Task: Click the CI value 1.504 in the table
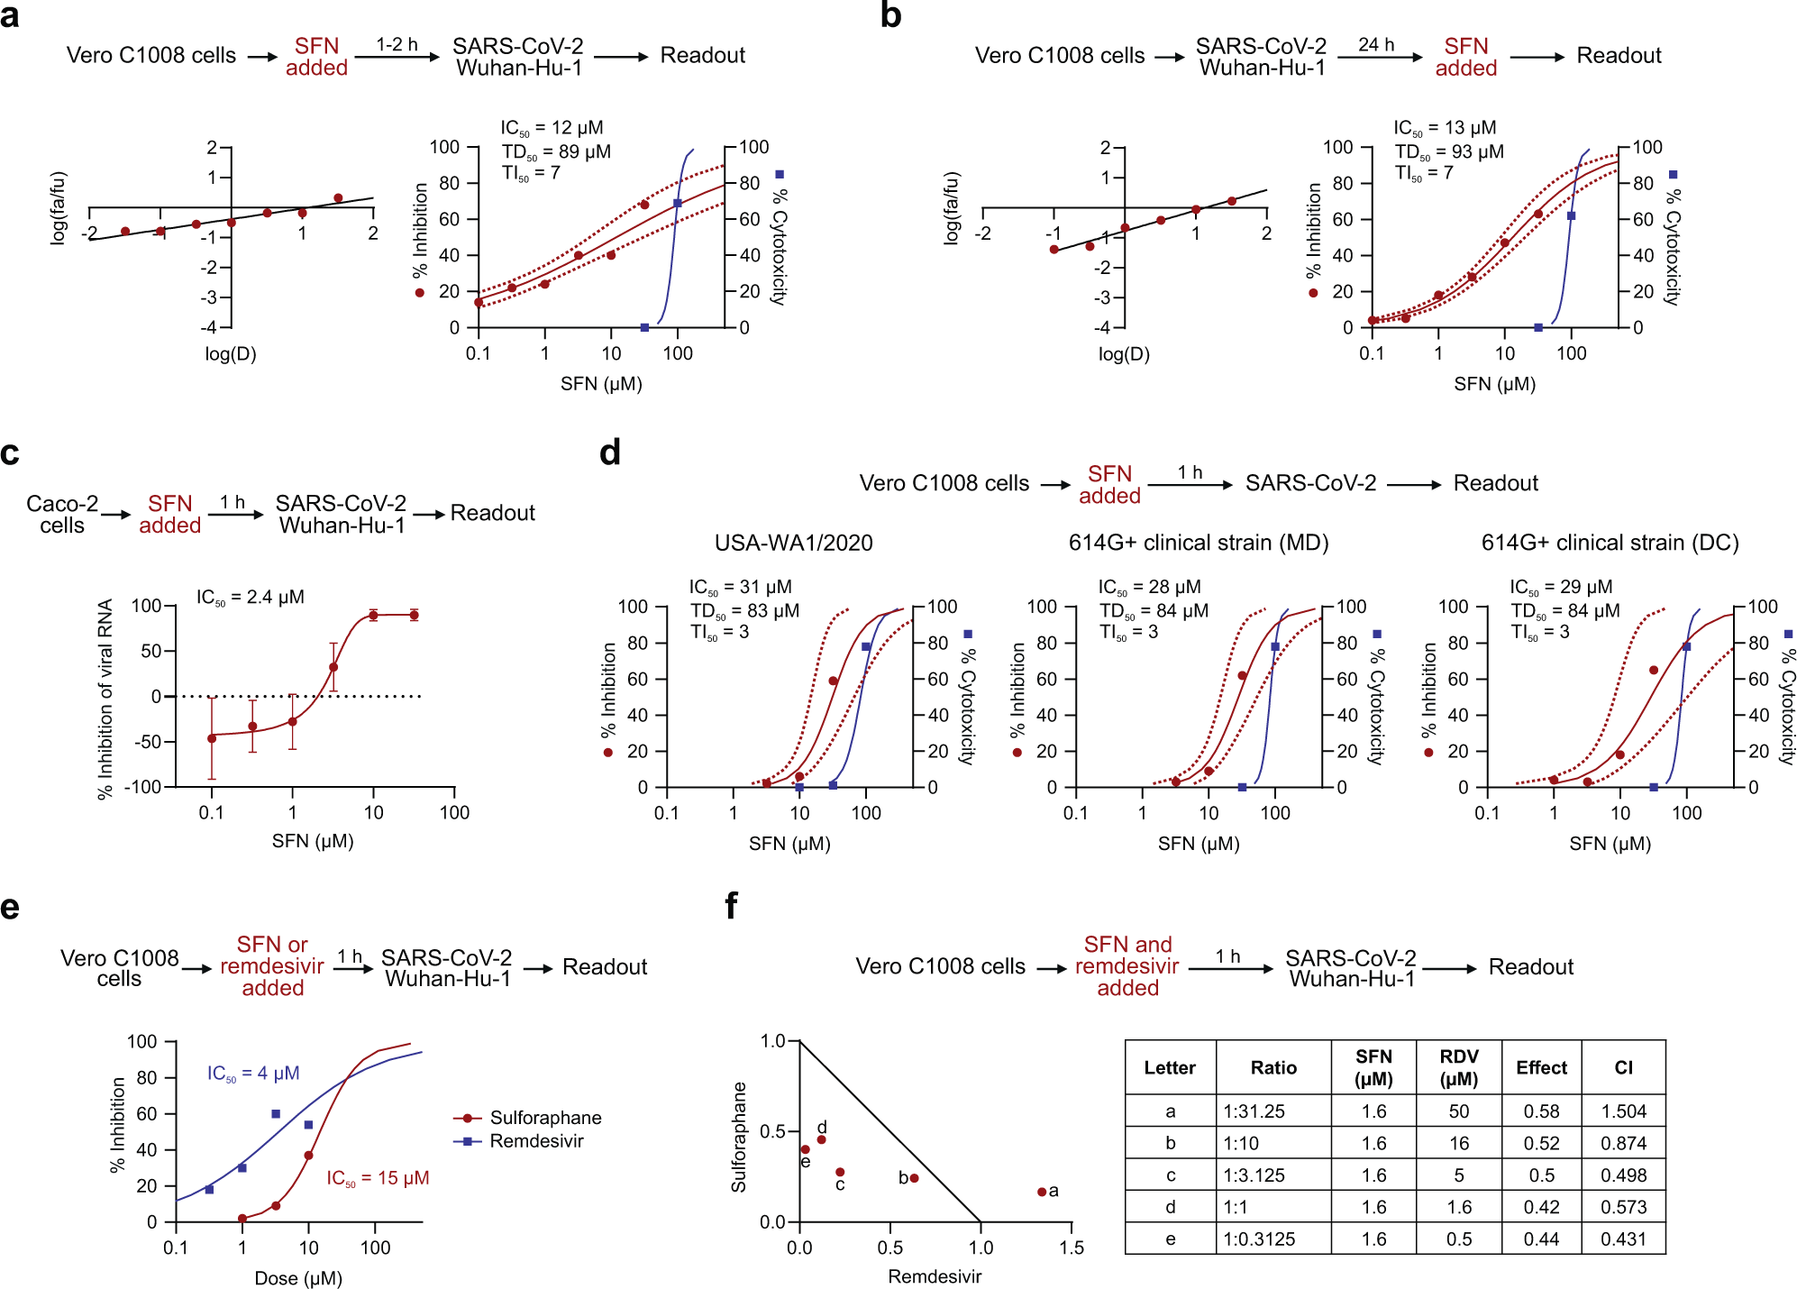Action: pyautogui.click(x=1623, y=1111)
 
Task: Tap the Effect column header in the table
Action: pyautogui.click(x=1541, y=1068)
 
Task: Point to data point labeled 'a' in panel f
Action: pyautogui.click(x=1042, y=1192)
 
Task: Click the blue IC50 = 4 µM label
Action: pyautogui.click(x=253, y=1074)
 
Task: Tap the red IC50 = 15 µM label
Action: pyautogui.click(x=378, y=1178)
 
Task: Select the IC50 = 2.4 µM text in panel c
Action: pyautogui.click(x=251, y=597)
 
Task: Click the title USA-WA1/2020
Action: pyautogui.click(x=793, y=543)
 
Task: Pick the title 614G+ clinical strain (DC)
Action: pyautogui.click(x=1610, y=543)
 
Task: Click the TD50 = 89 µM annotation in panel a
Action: pyautogui.click(x=556, y=151)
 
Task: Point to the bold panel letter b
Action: pyautogui.click(x=890, y=15)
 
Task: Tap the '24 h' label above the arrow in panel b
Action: pyautogui.click(x=1376, y=44)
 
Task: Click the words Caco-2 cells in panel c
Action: pyautogui.click(x=62, y=514)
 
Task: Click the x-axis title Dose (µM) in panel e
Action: pyautogui.click(x=298, y=1278)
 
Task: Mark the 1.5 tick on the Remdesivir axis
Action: pyautogui.click(x=1072, y=1248)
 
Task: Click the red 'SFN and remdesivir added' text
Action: pyautogui.click(x=1127, y=966)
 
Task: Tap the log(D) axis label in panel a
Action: pyautogui.click(x=231, y=354)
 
